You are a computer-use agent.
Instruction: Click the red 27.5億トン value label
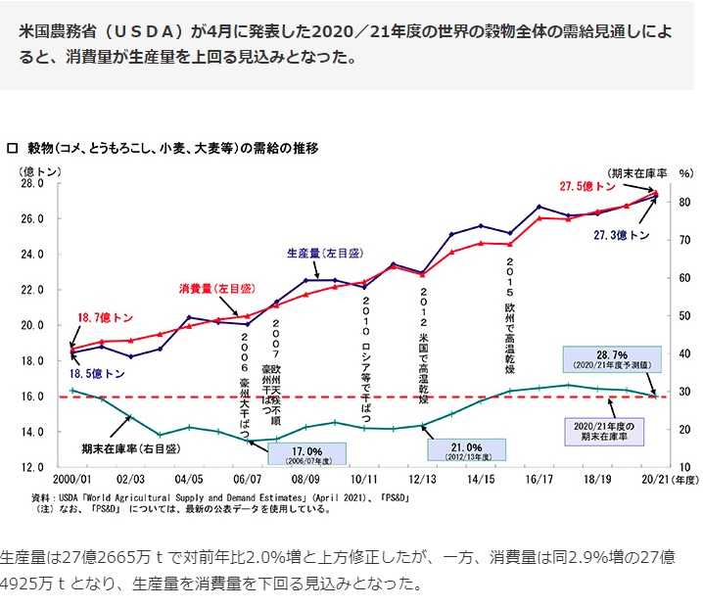[587, 187]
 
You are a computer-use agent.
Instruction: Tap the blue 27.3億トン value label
[622, 236]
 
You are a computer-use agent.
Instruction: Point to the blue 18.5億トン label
[96, 374]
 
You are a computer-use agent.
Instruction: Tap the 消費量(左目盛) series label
[216, 289]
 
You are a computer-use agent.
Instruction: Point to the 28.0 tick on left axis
[32, 183]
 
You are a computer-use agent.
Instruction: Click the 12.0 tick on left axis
[32, 467]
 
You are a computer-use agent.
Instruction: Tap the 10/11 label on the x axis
[363, 481]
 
